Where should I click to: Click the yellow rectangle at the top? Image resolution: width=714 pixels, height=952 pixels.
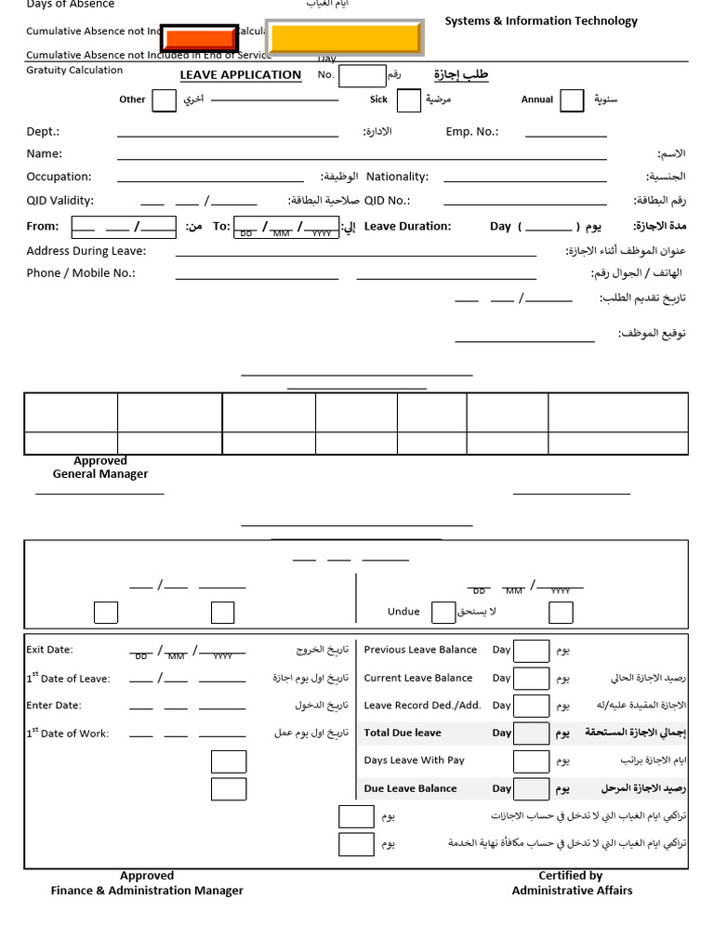[x=345, y=38]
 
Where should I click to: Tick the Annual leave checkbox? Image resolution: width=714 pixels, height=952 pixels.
[x=573, y=100]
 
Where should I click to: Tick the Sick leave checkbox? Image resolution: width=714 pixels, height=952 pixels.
[x=409, y=100]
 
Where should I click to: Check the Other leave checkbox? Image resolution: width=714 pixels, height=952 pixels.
[x=164, y=100]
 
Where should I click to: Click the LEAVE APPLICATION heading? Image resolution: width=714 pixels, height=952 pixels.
[x=241, y=75]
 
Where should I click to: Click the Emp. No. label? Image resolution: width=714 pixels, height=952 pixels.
[x=471, y=132]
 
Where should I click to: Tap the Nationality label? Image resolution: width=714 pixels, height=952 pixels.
[x=397, y=177]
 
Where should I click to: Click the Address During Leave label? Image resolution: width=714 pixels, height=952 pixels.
[x=86, y=251]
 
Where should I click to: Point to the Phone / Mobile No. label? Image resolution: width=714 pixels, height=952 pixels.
[x=81, y=273]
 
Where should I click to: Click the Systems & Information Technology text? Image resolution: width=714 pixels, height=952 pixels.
[x=541, y=21]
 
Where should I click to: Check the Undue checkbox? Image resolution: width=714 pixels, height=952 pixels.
[x=443, y=612]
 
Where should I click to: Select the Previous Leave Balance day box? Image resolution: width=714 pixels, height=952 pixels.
[x=532, y=651]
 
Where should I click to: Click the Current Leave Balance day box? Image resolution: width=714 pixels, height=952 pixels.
[x=532, y=679]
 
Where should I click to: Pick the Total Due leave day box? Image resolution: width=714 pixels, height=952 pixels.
[x=532, y=734]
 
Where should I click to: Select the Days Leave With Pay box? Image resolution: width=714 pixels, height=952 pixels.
[x=532, y=761]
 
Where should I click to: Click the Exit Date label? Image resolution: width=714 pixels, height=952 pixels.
[x=49, y=650]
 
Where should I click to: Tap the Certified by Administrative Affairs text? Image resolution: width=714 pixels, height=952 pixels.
[x=571, y=883]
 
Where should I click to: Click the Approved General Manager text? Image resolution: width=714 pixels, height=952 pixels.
[x=100, y=468]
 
